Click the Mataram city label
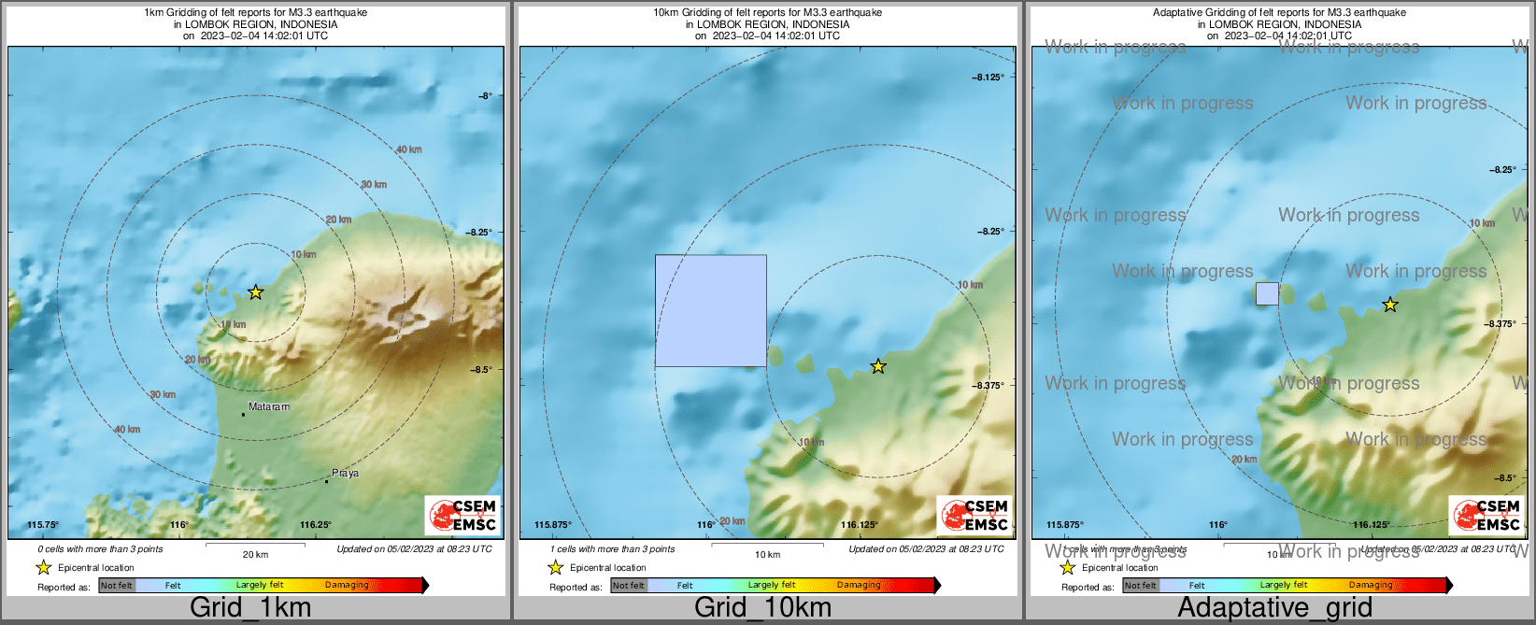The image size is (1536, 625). [x=269, y=407]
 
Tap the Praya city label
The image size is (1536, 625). [x=345, y=474]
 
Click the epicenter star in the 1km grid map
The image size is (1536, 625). [x=256, y=292]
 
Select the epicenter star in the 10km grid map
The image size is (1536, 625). [x=878, y=366]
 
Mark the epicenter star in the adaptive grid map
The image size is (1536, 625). [x=1390, y=305]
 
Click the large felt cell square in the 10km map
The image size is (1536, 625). [x=711, y=310]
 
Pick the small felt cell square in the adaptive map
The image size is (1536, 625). [x=1267, y=293]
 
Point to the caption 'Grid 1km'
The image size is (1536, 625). [x=250, y=608]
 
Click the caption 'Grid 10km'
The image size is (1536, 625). [x=762, y=608]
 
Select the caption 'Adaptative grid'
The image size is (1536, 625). [x=1274, y=608]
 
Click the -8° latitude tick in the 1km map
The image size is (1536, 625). [x=484, y=95]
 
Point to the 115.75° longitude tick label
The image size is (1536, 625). [x=43, y=525]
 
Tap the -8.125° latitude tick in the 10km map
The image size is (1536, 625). [x=988, y=78]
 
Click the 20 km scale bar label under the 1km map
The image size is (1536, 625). [x=255, y=555]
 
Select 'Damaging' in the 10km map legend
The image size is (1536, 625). [x=859, y=586]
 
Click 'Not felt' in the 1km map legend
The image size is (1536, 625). [x=117, y=586]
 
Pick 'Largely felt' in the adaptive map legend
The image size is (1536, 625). [x=1284, y=586]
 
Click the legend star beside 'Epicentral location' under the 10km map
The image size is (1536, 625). [x=555, y=567]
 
